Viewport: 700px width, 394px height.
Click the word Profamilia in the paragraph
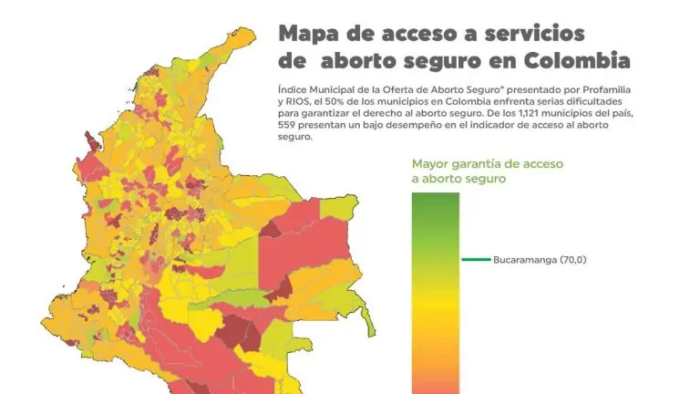click(x=579, y=90)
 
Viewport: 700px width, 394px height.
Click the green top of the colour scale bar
click(x=436, y=201)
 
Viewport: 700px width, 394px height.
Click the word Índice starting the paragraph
click(x=293, y=90)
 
